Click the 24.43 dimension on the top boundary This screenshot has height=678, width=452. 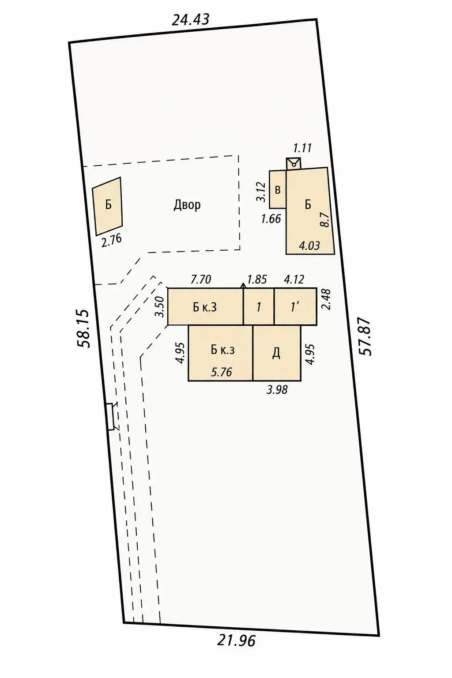click(x=190, y=20)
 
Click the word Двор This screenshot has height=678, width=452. click(x=187, y=205)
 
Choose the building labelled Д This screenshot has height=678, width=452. click(x=277, y=353)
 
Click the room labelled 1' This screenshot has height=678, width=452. click(x=295, y=307)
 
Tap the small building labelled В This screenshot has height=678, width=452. click(x=278, y=189)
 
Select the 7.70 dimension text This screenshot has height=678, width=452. click(x=201, y=279)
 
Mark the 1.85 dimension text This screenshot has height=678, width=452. click(x=257, y=279)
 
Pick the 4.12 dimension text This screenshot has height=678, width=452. click(x=294, y=279)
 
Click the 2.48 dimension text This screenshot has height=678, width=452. click(x=326, y=299)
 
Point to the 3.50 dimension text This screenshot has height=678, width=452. click(x=159, y=306)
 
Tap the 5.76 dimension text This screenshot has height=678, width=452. click(x=221, y=372)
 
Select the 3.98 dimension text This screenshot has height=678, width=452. click(x=277, y=390)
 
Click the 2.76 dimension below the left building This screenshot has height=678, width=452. click(x=111, y=241)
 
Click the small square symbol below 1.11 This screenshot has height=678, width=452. click(x=294, y=164)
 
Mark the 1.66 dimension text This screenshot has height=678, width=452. click(x=271, y=218)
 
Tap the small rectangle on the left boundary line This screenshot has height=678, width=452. click(x=110, y=416)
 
